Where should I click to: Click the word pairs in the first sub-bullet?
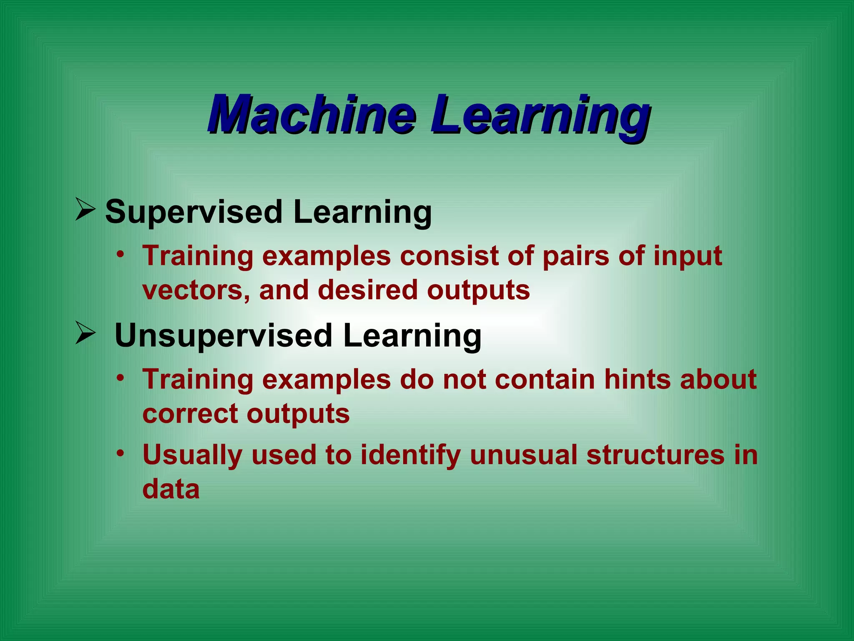tap(576, 256)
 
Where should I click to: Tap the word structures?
tap(656, 455)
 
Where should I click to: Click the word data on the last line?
tap(171, 489)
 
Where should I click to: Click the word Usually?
tap(192, 455)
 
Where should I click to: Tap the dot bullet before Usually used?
tap(121, 453)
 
